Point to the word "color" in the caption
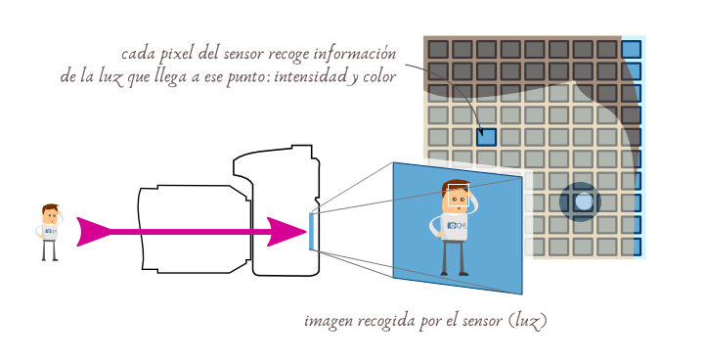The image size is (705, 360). pyautogui.click(x=377, y=75)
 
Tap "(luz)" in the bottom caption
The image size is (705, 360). pyautogui.click(x=529, y=320)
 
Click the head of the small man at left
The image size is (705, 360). pyautogui.click(x=51, y=213)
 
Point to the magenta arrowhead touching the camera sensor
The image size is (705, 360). pyautogui.click(x=287, y=232)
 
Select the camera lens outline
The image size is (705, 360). pyautogui.click(x=191, y=229)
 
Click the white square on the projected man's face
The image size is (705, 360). pyautogui.click(x=457, y=199)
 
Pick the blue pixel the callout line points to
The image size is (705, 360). pyautogui.click(x=486, y=137)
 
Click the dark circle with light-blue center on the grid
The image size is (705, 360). pyautogui.click(x=584, y=202)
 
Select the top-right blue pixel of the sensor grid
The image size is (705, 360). pyautogui.click(x=631, y=49)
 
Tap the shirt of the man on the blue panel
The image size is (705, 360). pyautogui.click(x=453, y=226)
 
